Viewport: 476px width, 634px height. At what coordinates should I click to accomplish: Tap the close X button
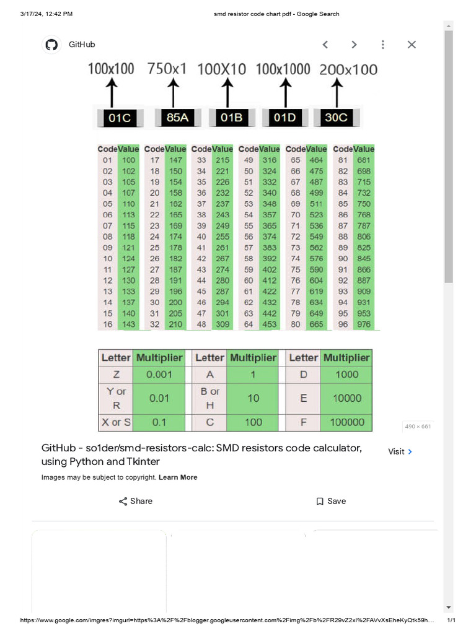click(x=412, y=45)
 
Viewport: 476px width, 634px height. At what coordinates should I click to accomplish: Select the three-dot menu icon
click(x=383, y=45)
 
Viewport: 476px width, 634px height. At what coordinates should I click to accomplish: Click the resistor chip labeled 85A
click(x=177, y=118)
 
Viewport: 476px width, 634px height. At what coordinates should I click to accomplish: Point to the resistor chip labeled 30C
click(x=337, y=118)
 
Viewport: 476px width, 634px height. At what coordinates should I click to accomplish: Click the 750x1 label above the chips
click(x=167, y=69)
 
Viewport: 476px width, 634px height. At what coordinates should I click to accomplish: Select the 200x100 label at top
click(x=348, y=69)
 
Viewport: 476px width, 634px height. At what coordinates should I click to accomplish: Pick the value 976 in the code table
click(x=364, y=324)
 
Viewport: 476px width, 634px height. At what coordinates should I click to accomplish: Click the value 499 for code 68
click(x=316, y=193)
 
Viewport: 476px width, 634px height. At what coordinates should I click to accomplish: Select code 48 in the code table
click(x=201, y=324)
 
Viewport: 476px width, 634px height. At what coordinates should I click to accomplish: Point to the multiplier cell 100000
click(x=346, y=422)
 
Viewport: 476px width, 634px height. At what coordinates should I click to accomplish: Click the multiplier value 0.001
click(x=159, y=374)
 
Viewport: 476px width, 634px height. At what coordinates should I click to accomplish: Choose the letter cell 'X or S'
click(x=116, y=422)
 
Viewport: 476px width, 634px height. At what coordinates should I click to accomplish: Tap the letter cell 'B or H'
click(x=210, y=398)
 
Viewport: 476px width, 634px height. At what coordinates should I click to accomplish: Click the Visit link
click(x=400, y=451)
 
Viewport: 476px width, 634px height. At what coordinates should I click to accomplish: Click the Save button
click(x=331, y=501)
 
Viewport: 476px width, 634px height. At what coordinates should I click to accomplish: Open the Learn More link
click(x=178, y=477)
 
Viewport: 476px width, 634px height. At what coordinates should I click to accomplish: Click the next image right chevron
click(x=354, y=45)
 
